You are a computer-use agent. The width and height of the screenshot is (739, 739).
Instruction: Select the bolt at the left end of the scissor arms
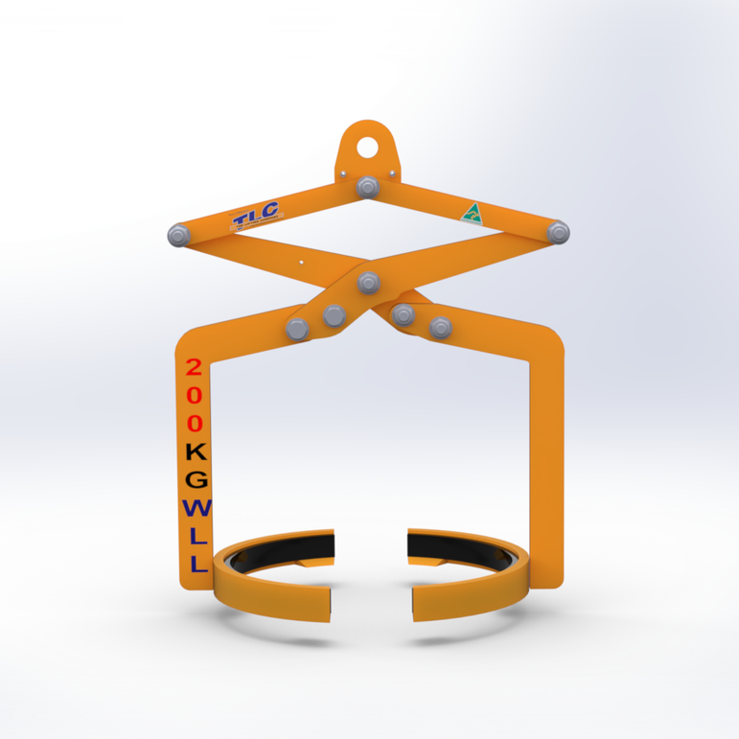click(176, 234)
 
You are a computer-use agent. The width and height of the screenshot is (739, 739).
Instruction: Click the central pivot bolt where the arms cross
click(368, 282)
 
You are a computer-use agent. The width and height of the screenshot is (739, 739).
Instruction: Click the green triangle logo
click(470, 213)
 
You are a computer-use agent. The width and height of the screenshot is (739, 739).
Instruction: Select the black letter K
click(196, 450)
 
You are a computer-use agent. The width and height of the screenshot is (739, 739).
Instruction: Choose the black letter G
click(196, 478)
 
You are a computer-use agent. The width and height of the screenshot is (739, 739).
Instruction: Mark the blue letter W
click(196, 507)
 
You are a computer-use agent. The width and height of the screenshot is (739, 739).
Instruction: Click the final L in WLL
click(197, 564)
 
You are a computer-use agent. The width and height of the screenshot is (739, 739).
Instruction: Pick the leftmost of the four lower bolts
click(297, 328)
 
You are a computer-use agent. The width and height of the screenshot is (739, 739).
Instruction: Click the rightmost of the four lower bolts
click(440, 327)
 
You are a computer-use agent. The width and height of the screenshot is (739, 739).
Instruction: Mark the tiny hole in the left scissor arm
click(300, 260)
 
